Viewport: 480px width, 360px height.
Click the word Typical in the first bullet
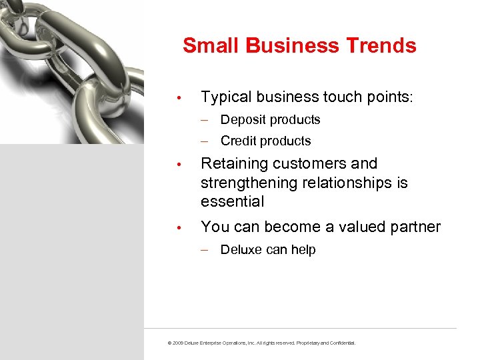pyautogui.click(x=226, y=97)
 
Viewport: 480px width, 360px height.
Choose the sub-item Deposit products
pyautogui.click(x=270, y=120)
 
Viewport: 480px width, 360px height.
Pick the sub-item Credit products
pyautogui.click(x=265, y=141)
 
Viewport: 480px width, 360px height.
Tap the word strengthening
pyautogui.click(x=243, y=183)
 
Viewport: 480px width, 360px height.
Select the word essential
pyautogui.click(x=233, y=201)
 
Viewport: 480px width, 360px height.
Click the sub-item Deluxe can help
pyautogui.click(x=267, y=250)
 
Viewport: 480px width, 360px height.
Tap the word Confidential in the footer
pyautogui.click(x=341, y=343)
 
